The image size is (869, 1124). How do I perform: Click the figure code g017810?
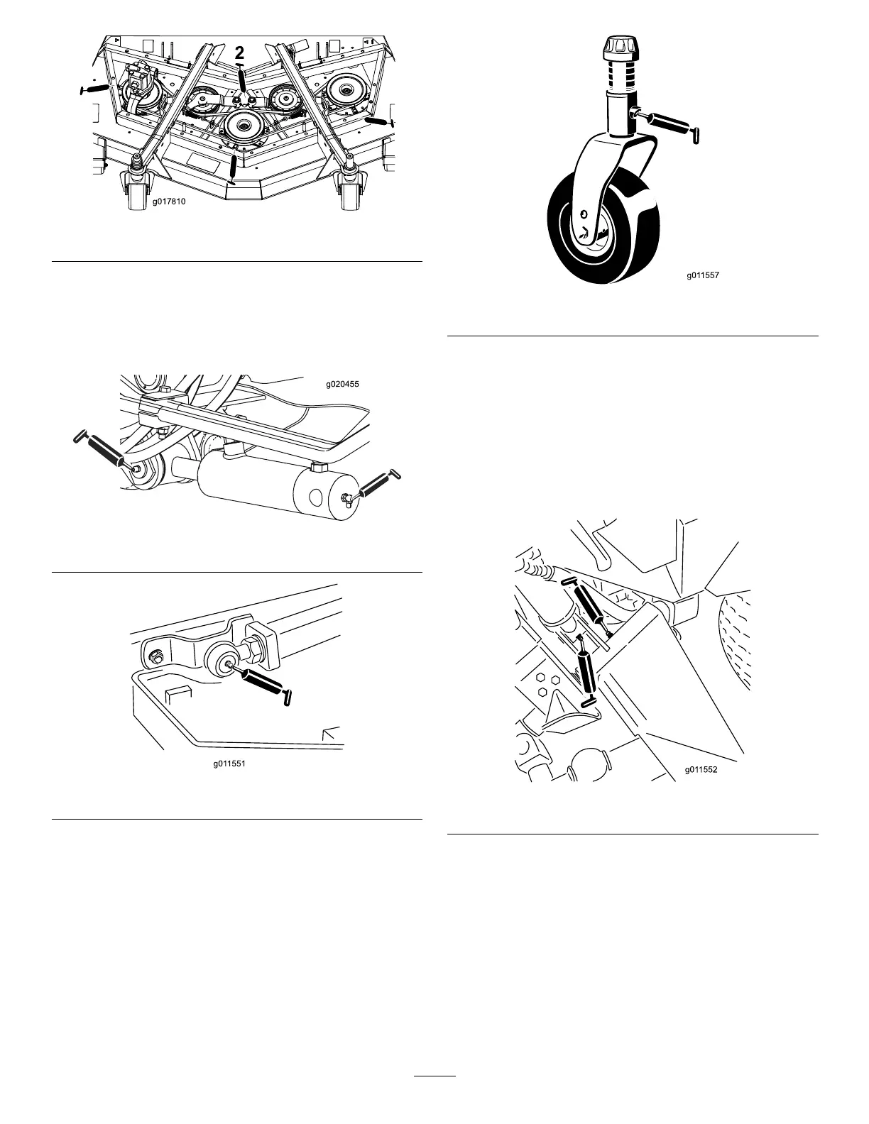coord(169,202)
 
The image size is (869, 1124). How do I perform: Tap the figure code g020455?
coord(342,385)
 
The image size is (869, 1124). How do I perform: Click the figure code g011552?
coord(702,768)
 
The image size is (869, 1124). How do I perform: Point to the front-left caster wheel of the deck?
coord(136,192)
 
